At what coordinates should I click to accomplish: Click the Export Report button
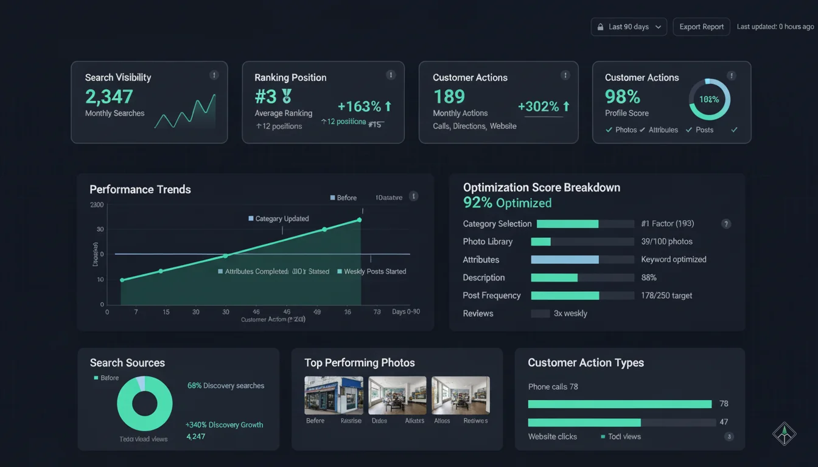tap(701, 27)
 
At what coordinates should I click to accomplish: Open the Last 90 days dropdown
tap(629, 27)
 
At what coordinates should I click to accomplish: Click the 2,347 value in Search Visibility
tap(109, 96)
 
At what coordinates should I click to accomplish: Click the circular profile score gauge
tap(709, 99)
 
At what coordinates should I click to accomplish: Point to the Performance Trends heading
tap(140, 189)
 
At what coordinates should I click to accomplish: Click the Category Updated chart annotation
tap(282, 218)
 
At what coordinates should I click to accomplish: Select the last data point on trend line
tap(359, 220)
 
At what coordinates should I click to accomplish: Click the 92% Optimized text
tap(507, 203)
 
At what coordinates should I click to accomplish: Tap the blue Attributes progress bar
tap(565, 260)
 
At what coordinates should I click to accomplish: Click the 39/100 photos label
tap(666, 241)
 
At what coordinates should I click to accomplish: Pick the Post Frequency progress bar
tap(565, 296)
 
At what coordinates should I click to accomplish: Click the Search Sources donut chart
tap(144, 403)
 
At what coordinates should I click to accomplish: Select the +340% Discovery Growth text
tap(224, 424)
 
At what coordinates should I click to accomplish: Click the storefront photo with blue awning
tap(334, 395)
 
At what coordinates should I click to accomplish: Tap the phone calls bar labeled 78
tap(620, 404)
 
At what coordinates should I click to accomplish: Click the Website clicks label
tap(552, 437)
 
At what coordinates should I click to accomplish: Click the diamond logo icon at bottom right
tap(784, 433)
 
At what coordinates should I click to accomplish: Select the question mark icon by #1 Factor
tap(725, 224)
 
